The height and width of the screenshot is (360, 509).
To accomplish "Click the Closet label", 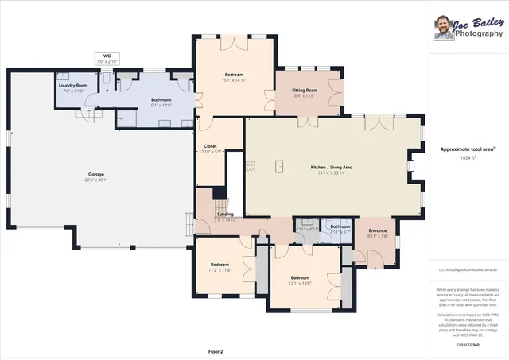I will pos(210,146).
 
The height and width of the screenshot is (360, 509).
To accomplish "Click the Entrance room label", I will pos(377,230).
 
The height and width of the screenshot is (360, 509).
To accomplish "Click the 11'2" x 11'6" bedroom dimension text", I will pos(220,270).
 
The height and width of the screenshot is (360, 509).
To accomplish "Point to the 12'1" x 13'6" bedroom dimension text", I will pos(300,281).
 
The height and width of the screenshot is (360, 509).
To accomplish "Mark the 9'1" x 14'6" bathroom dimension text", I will pos(161,105).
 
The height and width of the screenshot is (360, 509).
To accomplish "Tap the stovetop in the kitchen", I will pos(250,167).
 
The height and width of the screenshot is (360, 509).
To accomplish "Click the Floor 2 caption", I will pos(216,350).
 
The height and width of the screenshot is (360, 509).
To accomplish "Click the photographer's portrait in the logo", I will pos(444,27).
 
